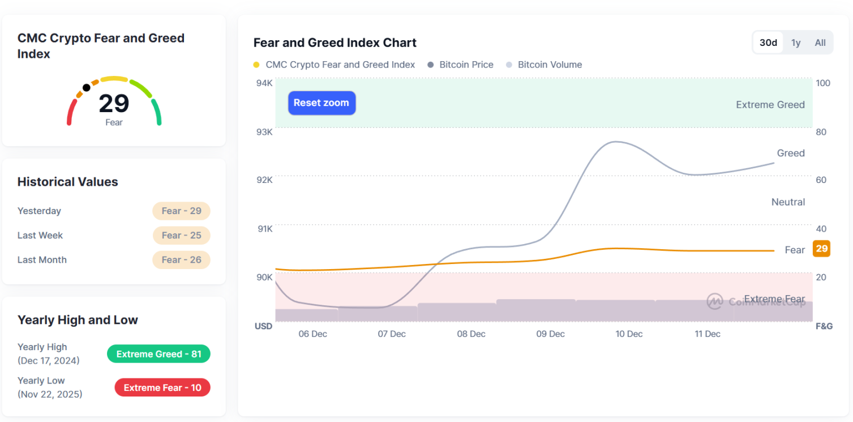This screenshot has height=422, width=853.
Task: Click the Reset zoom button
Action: [322, 103]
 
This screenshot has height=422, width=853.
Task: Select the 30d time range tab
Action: [768, 42]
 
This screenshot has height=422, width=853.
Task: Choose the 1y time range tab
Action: [796, 42]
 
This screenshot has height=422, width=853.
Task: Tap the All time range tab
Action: [820, 42]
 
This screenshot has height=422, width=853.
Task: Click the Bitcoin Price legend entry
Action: [466, 65]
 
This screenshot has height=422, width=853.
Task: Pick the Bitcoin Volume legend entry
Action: [550, 65]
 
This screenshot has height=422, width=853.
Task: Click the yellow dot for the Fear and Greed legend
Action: [256, 65]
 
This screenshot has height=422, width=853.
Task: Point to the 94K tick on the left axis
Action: [264, 83]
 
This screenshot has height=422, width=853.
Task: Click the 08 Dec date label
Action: [471, 334]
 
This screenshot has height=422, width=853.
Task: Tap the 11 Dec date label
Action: [708, 334]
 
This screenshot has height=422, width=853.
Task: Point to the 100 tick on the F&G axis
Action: [822, 83]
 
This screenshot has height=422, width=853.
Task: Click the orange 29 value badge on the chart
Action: [821, 249]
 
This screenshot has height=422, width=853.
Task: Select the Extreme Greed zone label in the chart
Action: [770, 105]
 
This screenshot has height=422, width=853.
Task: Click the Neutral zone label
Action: [788, 202]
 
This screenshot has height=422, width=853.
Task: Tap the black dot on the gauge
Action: [86, 87]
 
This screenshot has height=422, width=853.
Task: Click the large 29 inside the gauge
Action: [114, 104]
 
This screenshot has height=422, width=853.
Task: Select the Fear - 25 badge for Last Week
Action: [181, 236]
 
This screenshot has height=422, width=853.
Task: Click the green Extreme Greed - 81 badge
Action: [158, 354]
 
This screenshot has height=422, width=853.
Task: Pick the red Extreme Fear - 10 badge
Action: [162, 387]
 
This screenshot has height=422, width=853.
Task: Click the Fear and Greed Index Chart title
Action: [335, 43]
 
